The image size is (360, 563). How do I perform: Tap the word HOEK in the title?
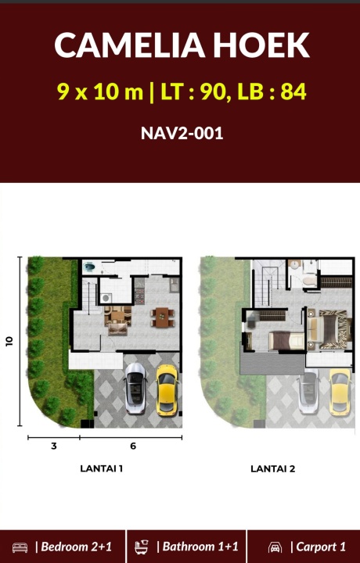[x=261, y=45]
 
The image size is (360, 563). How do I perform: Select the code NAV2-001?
[x=182, y=133]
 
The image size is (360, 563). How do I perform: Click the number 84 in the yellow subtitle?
[x=293, y=92]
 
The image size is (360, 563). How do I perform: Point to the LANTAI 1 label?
[x=101, y=468]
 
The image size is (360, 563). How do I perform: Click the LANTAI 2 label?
[x=272, y=468]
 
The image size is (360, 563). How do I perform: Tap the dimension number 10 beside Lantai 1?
[x=9, y=341]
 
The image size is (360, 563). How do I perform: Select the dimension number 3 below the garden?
[x=54, y=446]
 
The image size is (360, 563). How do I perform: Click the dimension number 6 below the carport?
[x=133, y=446]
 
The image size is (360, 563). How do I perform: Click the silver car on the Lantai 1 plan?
[x=135, y=389]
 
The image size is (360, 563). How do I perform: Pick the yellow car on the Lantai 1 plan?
[x=167, y=390]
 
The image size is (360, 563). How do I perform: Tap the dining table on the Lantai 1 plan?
[x=162, y=317]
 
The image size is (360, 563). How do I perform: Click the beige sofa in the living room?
[x=118, y=328]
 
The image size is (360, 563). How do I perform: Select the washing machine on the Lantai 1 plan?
[x=106, y=298]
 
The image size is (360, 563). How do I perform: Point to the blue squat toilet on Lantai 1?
[x=89, y=267]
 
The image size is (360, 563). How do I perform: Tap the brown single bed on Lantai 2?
[x=286, y=340]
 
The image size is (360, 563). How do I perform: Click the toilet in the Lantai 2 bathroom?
[x=309, y=279]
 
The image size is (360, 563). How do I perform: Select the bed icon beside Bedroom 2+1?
[x=20, y=547]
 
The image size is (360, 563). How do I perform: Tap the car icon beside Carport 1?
[x=275, y=547]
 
